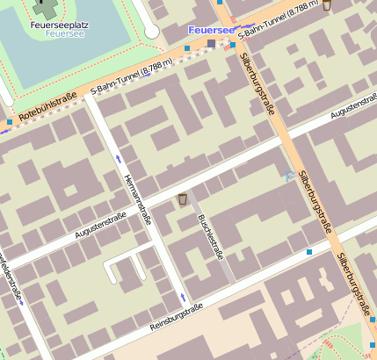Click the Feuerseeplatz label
(58, 26)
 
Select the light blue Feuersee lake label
(64, 35)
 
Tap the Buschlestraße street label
(210, 236)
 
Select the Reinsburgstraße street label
(177, 317)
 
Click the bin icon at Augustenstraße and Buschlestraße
(183, 199)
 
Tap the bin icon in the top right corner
(327, 5)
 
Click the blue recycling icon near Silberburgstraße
(290, 176)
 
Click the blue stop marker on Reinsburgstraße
(309, 253)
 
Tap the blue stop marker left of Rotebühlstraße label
(10, 122)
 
